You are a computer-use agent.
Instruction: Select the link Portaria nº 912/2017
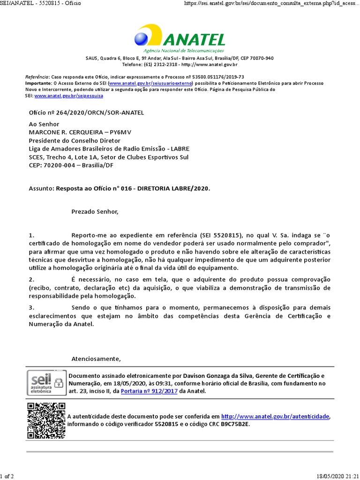coord(149,391)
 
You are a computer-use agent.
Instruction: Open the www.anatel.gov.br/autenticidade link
coord(276,416)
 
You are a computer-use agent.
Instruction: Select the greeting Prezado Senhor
coord(95,212)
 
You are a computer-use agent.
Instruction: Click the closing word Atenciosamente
coord(96,359)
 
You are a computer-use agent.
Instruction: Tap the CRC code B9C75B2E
coord(235,424)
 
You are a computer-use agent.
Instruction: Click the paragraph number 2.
coord(31,279)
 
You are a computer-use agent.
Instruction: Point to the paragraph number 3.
coord(31,307)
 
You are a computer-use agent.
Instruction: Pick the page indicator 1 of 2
coord(7,476)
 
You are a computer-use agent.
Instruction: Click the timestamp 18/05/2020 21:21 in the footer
coord(337,476)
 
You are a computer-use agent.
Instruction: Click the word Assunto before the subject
coord(41,188)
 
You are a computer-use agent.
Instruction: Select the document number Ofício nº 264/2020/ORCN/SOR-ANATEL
coord(86,113)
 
